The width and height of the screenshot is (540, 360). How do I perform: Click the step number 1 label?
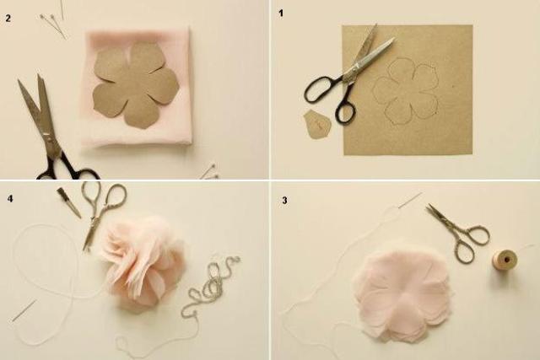point(281,13)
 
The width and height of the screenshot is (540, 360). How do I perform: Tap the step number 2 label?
point(8,19)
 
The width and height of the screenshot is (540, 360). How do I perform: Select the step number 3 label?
point(284,201)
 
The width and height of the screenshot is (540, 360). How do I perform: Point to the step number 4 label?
point(10,199)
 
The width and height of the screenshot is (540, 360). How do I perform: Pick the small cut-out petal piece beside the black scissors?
point(317,124)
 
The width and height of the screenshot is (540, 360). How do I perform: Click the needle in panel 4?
point(24,310)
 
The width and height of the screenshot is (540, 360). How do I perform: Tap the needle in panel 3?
point(411,200)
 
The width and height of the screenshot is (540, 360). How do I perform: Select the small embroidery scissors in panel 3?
point(458,233)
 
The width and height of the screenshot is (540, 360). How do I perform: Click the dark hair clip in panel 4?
point(69,202)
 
